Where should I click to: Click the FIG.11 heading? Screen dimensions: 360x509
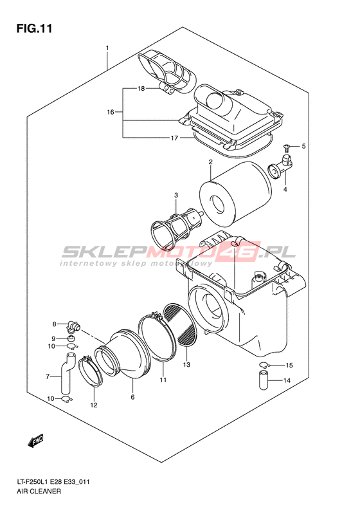34,28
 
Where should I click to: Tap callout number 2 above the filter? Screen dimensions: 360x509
210,162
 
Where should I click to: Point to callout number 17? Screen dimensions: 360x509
174,138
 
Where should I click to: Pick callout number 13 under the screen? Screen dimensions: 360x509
186,365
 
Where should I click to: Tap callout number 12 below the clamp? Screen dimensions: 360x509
94,405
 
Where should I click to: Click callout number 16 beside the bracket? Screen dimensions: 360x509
111,112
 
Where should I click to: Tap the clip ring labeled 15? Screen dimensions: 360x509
264,365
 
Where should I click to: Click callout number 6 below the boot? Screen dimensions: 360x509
132,397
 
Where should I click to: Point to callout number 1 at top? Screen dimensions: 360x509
107,48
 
